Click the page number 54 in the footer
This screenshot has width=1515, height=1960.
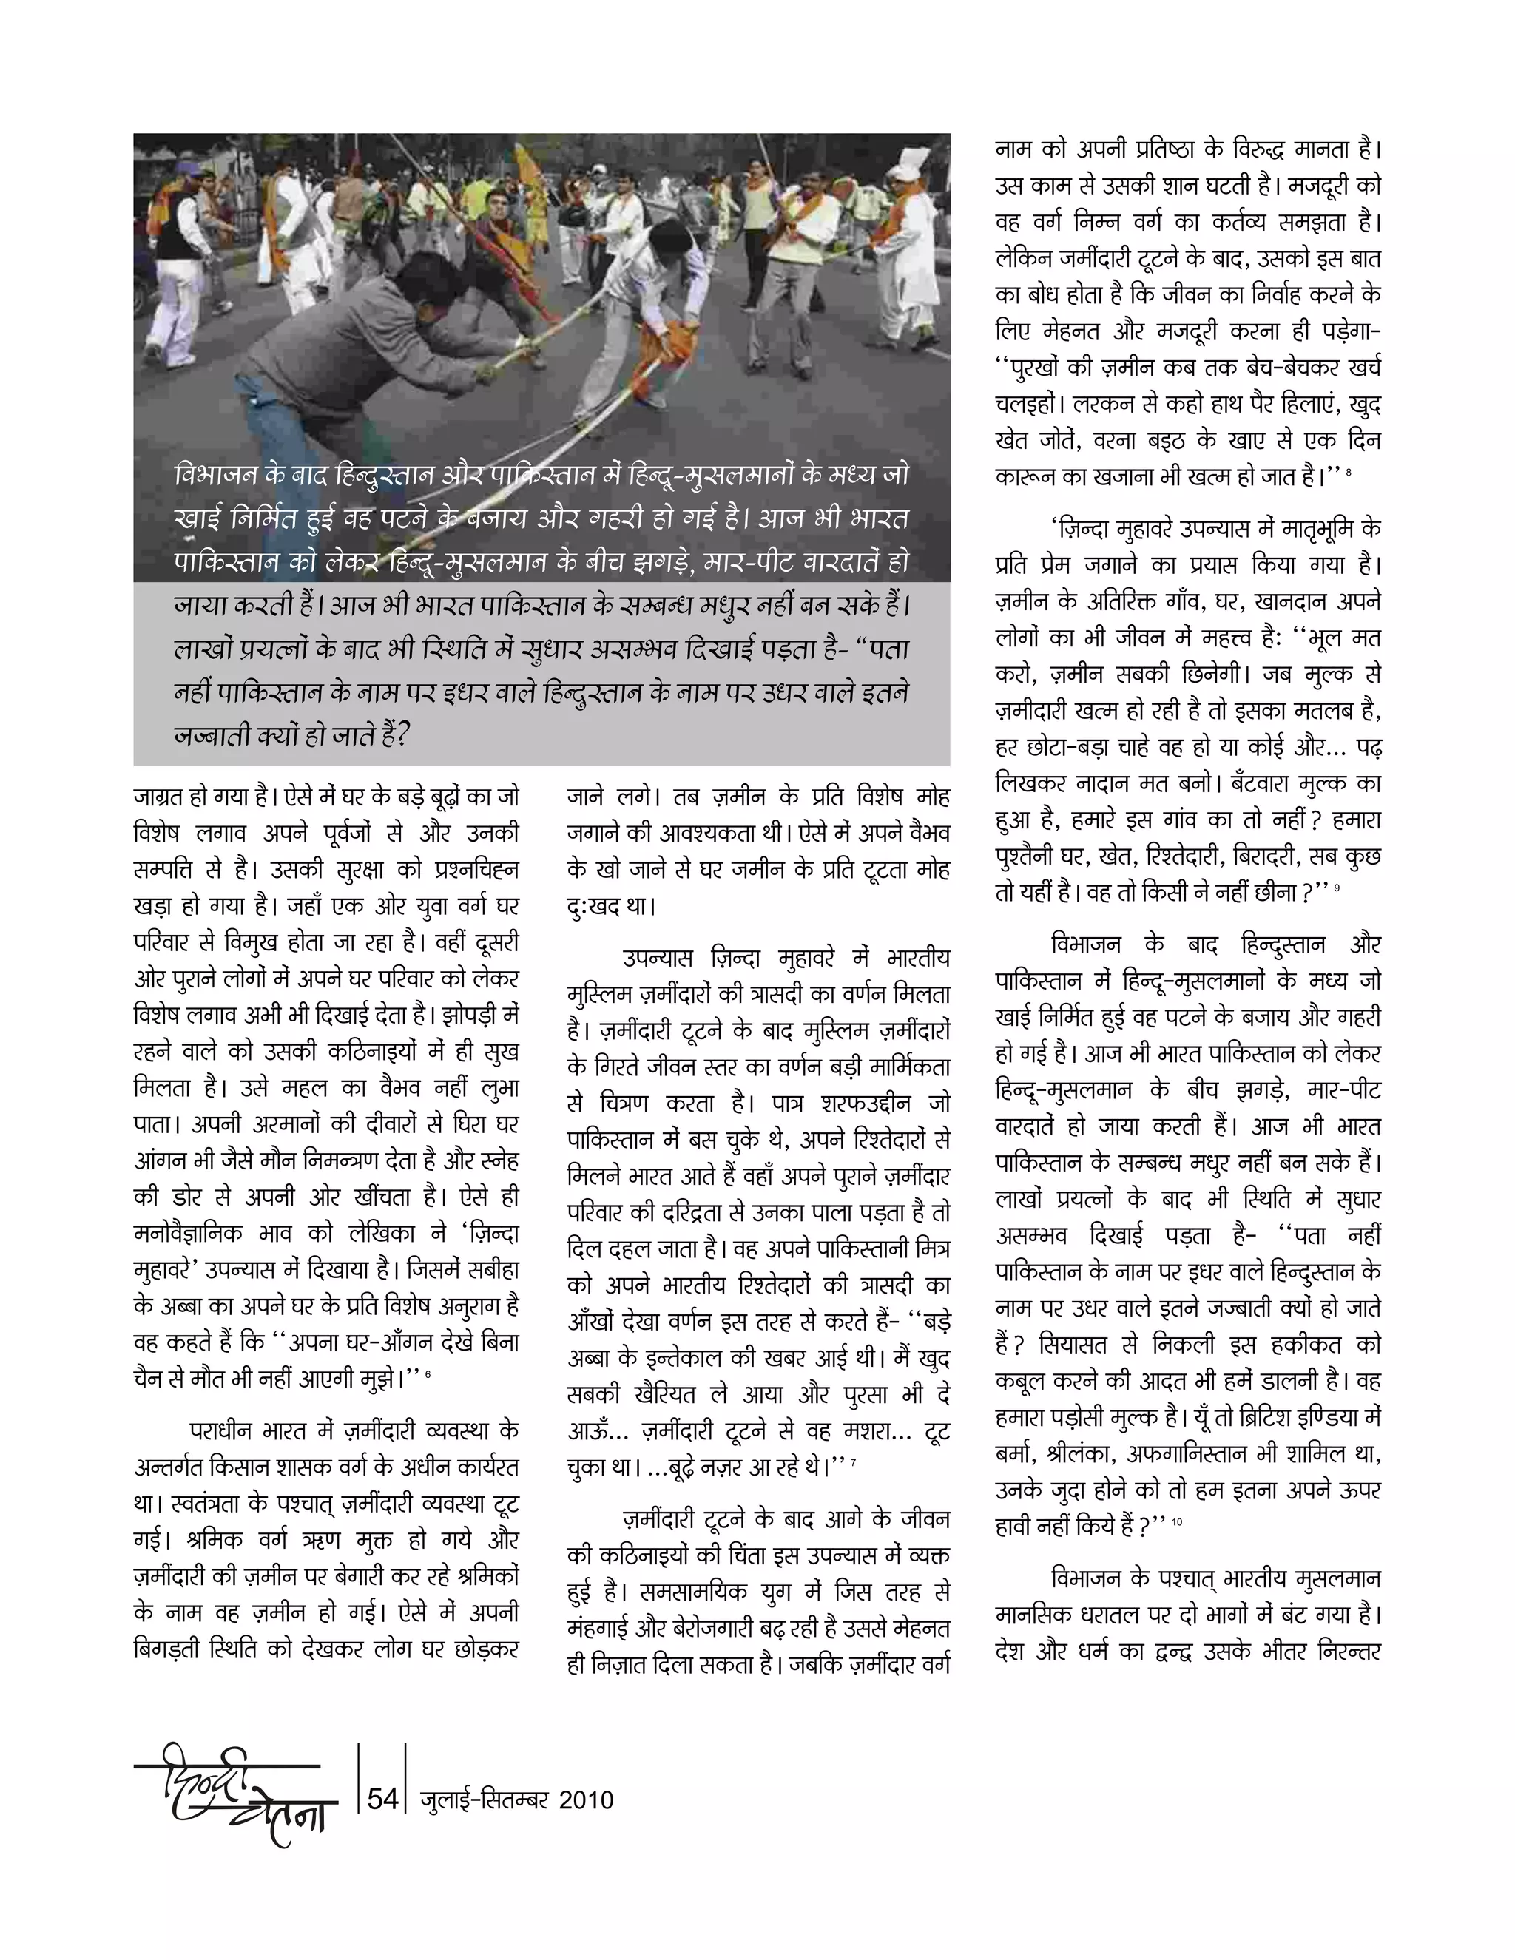pyautogui.click(x=382, y=1799)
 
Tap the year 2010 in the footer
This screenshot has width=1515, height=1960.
pyautogui.click(x=586, y=1800)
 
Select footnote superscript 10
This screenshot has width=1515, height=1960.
pyautogui.click(x=1177, y=1522)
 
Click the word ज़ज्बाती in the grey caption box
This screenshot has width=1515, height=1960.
pyautogui.click(x=213, y=735)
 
